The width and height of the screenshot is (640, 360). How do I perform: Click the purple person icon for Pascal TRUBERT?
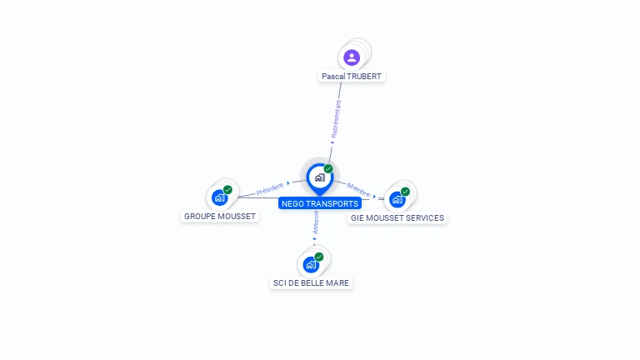(352, 57)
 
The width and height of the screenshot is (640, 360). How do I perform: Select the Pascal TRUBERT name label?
(352, 76)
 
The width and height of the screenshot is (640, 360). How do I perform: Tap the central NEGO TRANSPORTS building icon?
(319, 177)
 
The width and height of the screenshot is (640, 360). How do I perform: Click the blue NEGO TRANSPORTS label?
(320, 203)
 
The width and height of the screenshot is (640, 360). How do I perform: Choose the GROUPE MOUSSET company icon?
(218, 197)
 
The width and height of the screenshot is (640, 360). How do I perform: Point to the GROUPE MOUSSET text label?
(220, 217)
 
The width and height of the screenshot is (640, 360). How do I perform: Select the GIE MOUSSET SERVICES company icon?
(397, 199)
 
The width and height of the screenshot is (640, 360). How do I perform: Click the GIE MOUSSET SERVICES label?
(397, 218)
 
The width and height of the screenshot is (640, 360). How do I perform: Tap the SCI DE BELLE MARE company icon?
(311, 264)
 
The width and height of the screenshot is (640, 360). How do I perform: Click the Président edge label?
(270, 188)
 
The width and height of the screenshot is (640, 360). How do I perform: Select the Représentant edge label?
(336, 120)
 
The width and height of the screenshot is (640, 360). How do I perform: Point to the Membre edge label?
(359, 189)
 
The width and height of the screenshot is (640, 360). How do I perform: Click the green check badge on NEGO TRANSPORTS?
(328, 168)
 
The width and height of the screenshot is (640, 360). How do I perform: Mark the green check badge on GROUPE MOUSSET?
(227, 190)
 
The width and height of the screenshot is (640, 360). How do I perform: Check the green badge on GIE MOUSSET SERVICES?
(406, 192)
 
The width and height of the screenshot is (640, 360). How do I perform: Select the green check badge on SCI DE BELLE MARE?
(319, 257)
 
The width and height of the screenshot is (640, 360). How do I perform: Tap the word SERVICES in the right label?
(424, 218)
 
